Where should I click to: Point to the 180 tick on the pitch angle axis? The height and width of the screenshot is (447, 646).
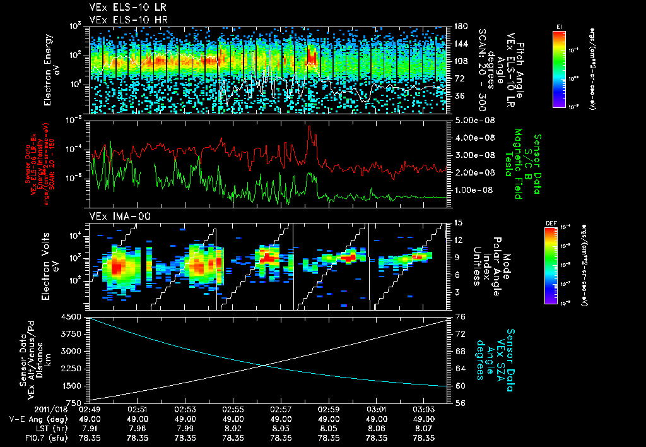click(459, 27)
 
